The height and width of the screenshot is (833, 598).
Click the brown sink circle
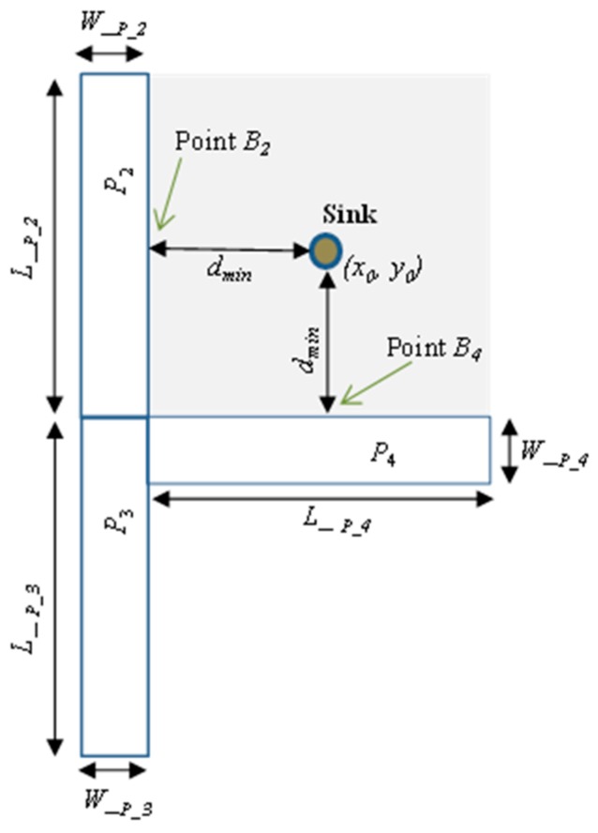[x=325, y=250]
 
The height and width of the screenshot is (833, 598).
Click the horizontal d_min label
[x=226, y=273]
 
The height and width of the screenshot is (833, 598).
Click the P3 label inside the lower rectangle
[x=112, y=523]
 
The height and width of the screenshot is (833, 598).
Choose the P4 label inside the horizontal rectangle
[x=380, y=455]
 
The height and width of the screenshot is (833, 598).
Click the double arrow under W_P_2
[x=113, y=54]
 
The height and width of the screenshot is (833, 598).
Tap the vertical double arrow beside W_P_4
[x=508, y=450]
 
